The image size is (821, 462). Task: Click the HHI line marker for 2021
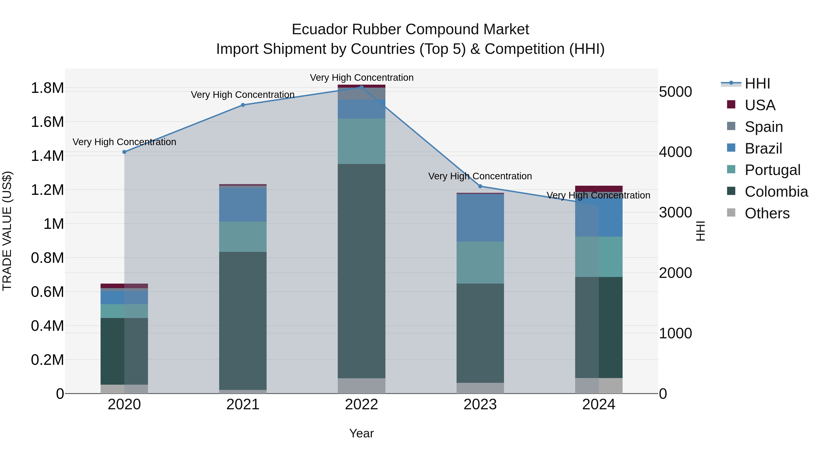click(243, 105)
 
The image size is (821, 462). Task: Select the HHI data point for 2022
click(361, 87)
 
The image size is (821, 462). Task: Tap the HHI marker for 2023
click(480, 186)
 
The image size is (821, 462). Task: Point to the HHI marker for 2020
click(124, 152)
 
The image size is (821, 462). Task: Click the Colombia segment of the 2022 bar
click(361, 271)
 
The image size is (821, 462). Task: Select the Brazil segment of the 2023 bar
click(480, 218)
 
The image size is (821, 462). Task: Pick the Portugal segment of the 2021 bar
click(243, 237)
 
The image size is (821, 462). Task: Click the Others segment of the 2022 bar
click(361, 386)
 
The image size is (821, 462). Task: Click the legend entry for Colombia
click(776, 192)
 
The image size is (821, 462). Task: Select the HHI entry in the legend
click(757, 84)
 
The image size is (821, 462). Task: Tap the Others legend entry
click(767, 213)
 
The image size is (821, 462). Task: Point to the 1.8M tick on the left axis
click(47, 88)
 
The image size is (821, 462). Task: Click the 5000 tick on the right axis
click(675, 92)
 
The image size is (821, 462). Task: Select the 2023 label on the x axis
click(480, 405)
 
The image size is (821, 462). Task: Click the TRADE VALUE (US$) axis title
click(7, 231)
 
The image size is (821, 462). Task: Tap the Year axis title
click(361, 433)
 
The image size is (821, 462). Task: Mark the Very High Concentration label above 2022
click(361, 78)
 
